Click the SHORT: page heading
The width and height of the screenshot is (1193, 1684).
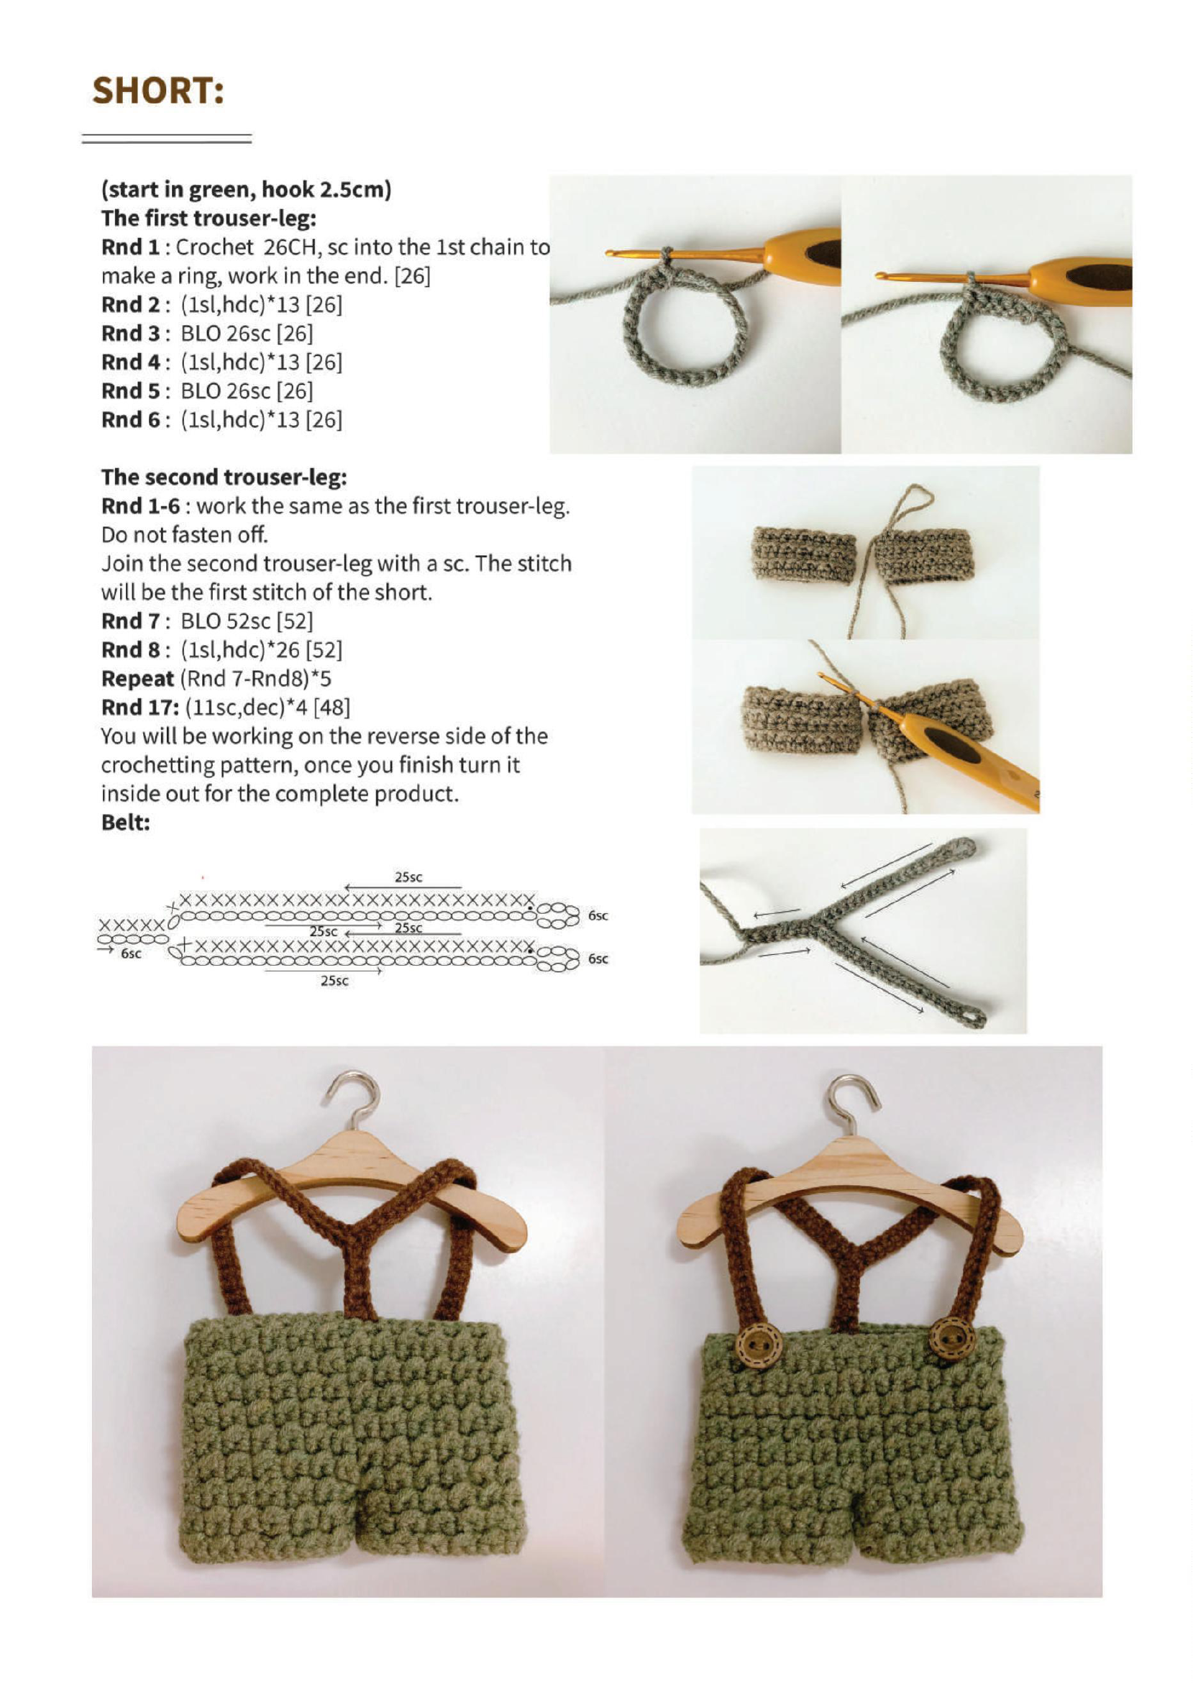tap(157, 91)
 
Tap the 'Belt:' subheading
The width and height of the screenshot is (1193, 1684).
tap(125, 823)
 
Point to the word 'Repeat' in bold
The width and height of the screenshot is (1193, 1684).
tap(137, 679)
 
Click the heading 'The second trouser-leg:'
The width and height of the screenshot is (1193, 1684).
tap(224, 477)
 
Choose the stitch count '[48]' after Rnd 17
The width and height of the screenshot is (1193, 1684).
tap(332, 708)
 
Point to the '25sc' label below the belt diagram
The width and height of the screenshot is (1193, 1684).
tap(334, 981)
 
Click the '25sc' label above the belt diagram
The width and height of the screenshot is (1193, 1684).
tap(408, 877)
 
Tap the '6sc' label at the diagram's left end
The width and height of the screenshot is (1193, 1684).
tap(131, 953)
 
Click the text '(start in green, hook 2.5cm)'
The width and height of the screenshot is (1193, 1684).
tap(246, 190)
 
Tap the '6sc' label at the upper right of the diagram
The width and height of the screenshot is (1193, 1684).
tap(598, 916)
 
